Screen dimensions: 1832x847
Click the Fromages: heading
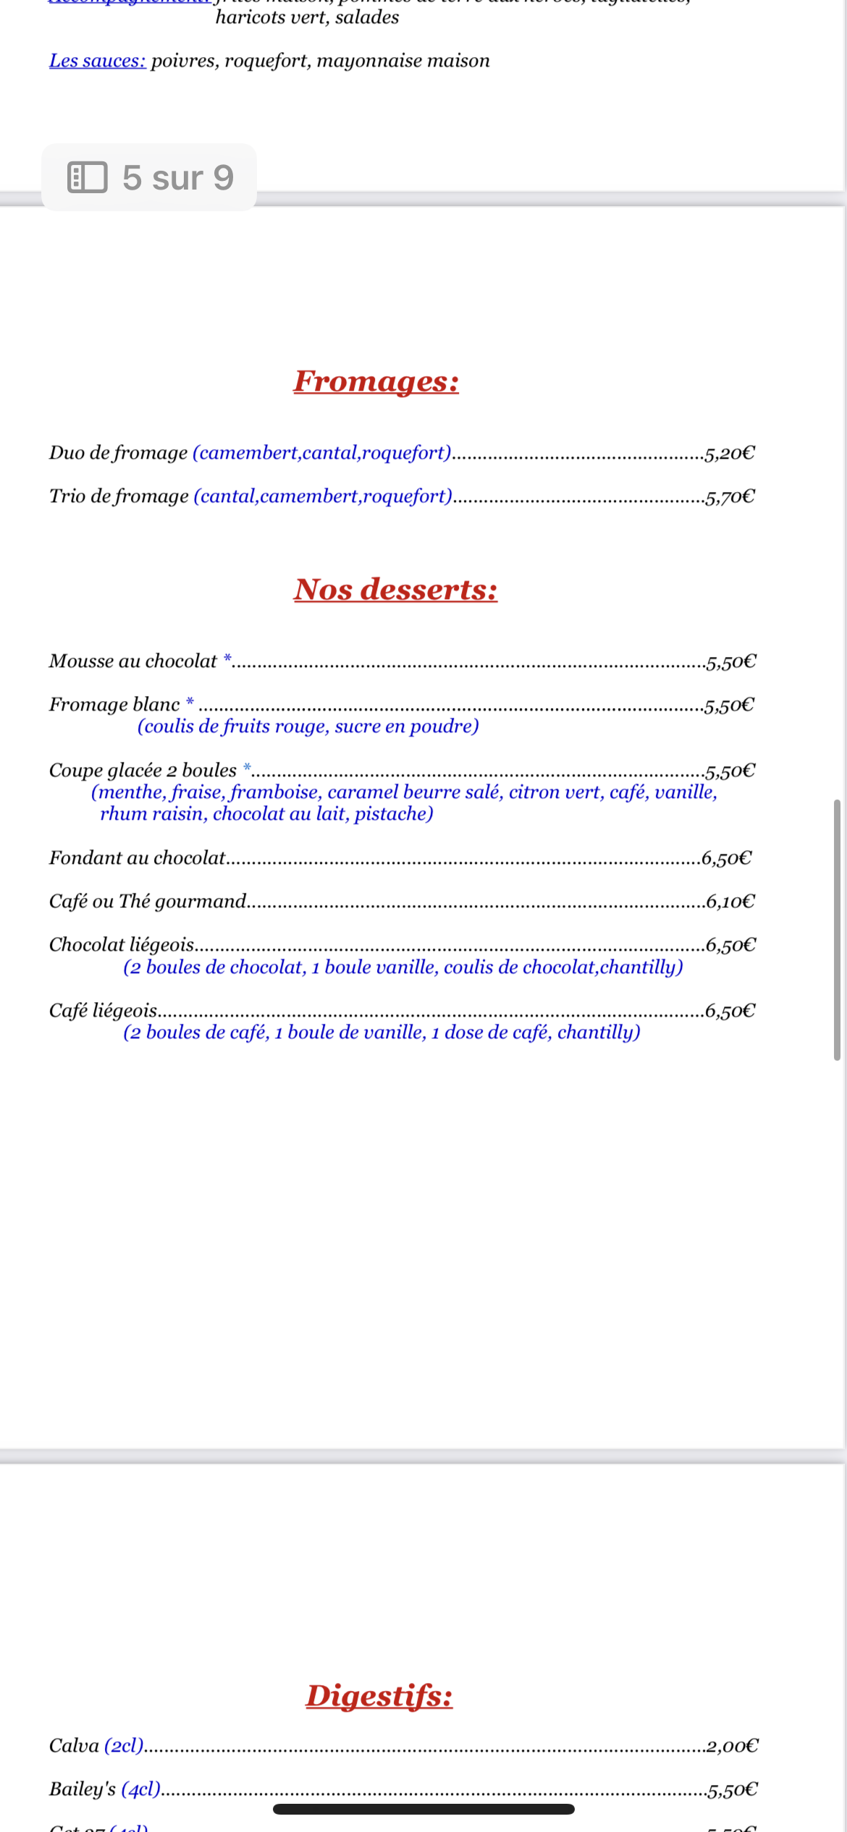[376, 381]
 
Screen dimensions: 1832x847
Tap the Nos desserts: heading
[395, 590]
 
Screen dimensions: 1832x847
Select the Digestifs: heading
[379, 1696]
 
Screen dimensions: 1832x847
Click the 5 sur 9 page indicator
[177, 178]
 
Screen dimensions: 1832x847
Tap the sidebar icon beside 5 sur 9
[87, 177]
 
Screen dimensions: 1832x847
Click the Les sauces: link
[98, 61]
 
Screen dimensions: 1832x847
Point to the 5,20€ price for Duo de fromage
[730, 454]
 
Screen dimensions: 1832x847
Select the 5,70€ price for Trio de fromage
[730, 497]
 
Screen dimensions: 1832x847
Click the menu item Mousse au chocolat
[133, 661]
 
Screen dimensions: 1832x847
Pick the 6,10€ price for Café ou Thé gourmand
[730, 902]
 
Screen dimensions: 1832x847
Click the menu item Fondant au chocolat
[138, 858]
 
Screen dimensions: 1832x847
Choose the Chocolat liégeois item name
[122, 945]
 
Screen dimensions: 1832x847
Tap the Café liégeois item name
[104, 1011]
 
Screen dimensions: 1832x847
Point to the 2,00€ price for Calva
[732, 1747]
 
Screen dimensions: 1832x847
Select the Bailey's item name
[83, 1789]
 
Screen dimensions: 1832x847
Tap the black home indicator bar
[423, 1809]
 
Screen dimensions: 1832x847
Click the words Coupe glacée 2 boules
[143, 771]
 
